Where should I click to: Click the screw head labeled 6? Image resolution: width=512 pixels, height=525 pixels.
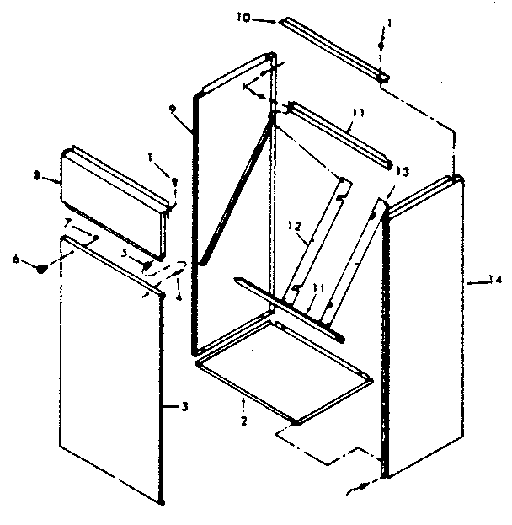pyautogui.click(x=40, y=269)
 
